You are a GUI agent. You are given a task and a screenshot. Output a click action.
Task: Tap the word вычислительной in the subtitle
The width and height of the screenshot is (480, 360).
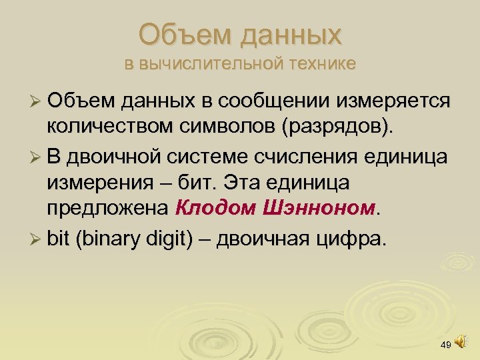(x=211, y=64)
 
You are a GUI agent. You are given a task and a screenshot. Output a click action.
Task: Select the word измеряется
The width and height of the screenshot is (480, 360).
(x=395, y=101)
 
